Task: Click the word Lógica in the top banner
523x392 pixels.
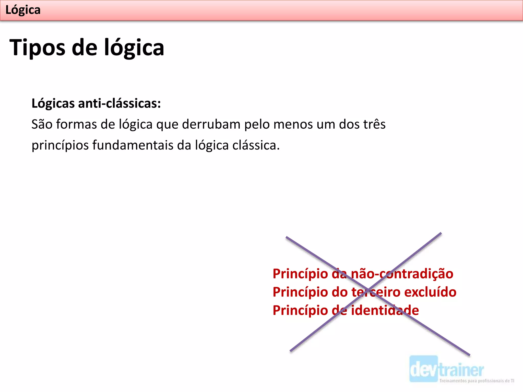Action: click(x=23, y=10)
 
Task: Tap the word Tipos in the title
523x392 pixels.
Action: click(x=37, y=48)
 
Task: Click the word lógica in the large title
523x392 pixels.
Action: click(x=134, y=48)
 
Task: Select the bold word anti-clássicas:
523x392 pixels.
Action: click(x=120, y=103)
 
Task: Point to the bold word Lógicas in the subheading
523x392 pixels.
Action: click(x=53, y=103)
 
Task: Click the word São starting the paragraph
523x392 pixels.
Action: click(x=42, y=124)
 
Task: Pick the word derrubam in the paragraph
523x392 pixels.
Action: click(x=211, y=124)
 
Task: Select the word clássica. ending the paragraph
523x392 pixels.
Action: click(x=256, y=145)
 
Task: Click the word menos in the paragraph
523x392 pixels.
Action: click(x=293, y=124)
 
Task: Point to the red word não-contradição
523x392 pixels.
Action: click(x=402, y=274)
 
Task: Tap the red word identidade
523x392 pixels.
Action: click(x=385, y=310)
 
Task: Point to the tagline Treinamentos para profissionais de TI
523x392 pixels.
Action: click(x=477, y=381)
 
